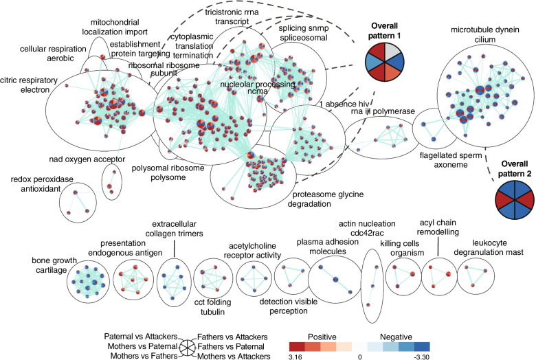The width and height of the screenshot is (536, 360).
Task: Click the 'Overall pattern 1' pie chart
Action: [386, 62]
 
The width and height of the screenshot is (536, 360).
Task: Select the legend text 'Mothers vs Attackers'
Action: [230, 356]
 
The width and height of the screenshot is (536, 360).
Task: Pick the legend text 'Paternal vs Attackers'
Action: [141, 337]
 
